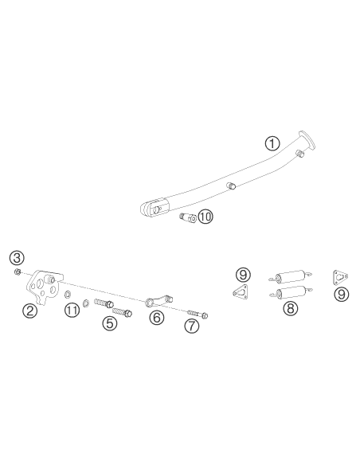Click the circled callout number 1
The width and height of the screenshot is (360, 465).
(x=272, y=143)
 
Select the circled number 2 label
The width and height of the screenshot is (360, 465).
(x=30, y=311)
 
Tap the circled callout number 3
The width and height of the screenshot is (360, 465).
(x=17, y=258)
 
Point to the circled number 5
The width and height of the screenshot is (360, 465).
(x=110, y=323)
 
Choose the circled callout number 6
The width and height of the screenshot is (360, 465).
(x=157, y=318)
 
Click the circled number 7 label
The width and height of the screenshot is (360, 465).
(x=192, y=326)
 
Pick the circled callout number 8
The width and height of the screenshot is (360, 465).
(x=291, y=308)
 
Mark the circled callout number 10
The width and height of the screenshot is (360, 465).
(x=205, y=217)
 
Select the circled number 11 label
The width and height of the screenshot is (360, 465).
(x=72, y=311)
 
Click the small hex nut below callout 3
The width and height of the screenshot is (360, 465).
(x=18, y=272)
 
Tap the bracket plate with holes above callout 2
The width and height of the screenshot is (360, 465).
(x=45, y=286)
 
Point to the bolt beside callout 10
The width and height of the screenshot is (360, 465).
(x=188, y=218)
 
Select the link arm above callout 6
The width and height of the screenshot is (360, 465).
(x=158, y=300)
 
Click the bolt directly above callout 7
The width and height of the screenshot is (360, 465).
(x=198, y=314)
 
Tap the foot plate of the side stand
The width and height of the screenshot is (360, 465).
(x=307, y=139)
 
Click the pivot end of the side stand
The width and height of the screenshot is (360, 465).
(x=155, y=208)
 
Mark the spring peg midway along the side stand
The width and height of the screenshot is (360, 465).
(x=232, y=186)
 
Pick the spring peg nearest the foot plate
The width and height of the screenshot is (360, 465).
(x=299, y=154)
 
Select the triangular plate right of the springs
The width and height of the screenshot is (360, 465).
(x=340, y=276)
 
